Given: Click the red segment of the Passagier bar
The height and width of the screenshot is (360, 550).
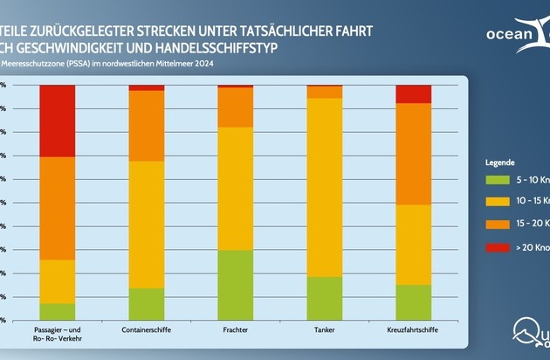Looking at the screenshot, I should [57, 121].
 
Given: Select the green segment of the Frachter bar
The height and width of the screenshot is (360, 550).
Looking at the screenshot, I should [235, 285].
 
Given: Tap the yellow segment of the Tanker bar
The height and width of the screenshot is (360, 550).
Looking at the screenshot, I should [324, 187].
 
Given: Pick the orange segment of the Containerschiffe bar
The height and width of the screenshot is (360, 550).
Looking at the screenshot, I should [146, 126].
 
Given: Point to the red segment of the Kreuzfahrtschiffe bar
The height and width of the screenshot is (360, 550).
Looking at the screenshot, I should [413, 93].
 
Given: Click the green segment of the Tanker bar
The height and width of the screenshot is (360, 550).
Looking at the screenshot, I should [324, 298].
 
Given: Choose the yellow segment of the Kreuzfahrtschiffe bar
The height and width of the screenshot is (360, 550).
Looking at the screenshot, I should [413, 245].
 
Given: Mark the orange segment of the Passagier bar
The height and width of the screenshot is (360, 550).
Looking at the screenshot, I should [57, 208].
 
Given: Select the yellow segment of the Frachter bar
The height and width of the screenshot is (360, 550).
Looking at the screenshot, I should [235, 188].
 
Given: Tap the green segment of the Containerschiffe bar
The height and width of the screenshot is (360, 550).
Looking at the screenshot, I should [146, 304].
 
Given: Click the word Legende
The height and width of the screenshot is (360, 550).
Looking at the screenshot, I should [498, 163].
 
